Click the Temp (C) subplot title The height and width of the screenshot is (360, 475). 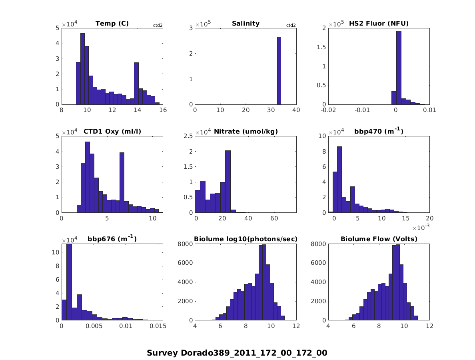[112, 23]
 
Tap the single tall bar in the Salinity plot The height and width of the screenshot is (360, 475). [279, 71]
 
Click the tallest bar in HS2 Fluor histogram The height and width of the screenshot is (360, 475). [399, 68]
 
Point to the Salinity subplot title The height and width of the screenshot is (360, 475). [245, 23]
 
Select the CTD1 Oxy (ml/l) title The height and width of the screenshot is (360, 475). [112, 131]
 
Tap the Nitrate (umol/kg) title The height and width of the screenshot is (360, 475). [245, 131]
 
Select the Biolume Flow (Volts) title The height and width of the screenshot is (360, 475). [379, 239]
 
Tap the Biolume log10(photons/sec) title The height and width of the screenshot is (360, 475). [245, 239]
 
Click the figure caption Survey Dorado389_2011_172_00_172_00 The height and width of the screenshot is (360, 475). [237, 353]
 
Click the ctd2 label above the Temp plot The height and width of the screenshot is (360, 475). [158, 25]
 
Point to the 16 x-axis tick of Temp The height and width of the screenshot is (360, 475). [163, 110]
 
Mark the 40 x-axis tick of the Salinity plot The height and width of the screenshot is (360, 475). [296, 110]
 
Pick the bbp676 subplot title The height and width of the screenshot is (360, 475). [112, 239]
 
